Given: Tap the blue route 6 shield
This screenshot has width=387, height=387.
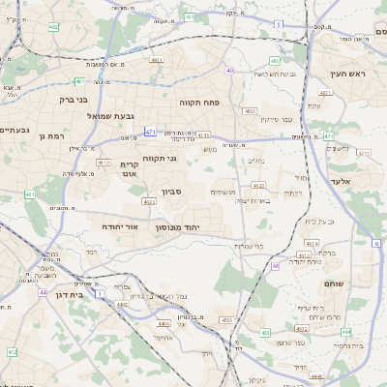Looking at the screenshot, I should point(374,245).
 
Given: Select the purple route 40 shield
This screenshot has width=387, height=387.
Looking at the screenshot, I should point(230,70).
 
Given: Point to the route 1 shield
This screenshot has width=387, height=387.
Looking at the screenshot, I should point(99,290).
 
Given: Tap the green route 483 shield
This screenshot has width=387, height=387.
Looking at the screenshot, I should point(252,111).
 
